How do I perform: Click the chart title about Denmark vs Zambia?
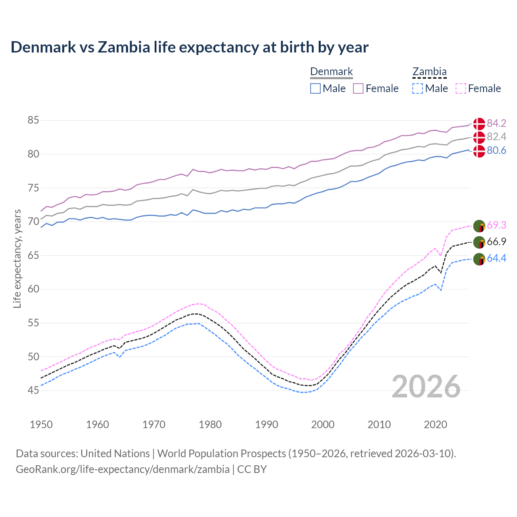tap(189, 47)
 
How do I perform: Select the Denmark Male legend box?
tap(315, 88)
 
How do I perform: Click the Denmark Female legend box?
tap(358, 88)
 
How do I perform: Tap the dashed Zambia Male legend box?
tap(418, 88)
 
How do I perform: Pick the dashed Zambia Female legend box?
tap(461, 88)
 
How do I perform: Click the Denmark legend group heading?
tap(332, 72)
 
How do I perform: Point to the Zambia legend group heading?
tap(429, 72)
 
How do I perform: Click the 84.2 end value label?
tap(496, 124)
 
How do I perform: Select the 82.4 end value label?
tap(496, 137)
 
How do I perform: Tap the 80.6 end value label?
tap(496, 151)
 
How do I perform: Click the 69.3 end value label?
tap(496, 225)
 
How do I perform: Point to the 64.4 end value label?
tap(496, 258)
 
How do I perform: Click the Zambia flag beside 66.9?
tap(479, 242)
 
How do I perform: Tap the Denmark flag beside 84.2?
tap(479, 124)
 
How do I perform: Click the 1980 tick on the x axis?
tap(210, 425)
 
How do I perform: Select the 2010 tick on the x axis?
tap(379, 425)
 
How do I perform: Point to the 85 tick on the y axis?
tap(33, 120)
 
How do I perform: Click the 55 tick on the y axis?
tap(33, 323)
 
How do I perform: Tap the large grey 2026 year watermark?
tap(426, 387)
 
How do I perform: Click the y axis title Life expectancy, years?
tap(17, 258)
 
